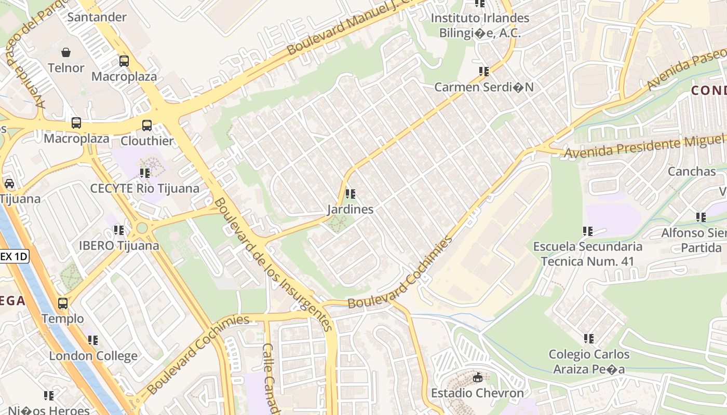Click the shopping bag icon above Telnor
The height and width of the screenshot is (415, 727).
pyautogui.click(x=66, y=52)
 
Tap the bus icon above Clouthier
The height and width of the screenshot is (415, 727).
pyautogui.click(x=147, y=125)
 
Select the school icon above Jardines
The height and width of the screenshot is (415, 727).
pyautogui.click(x=351, y=194)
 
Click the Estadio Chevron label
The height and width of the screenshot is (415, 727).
pyautogui.click(x=477, y=393)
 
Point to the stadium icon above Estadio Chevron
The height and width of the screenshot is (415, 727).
pyautogui.click(x=478, y=378)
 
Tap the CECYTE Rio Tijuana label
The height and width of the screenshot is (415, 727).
pyautogui.click(x=145, y=188)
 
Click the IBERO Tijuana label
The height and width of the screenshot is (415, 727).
pyautogui.click(x=119, y=245)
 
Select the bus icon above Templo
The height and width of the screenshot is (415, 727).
pyautogui.click(x=63, y=303)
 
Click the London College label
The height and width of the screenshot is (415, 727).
pyautogui.click(x=93, y=356)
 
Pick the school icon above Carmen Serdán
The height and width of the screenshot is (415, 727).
pyautogui.click(x=484, y=72)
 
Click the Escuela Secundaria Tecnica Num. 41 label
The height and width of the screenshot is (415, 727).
pyautogui.click(x=587, y=254)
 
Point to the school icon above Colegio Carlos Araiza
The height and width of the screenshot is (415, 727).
pyautogui.click(x=588, y=339)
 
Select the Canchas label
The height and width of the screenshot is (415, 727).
pyautogui.click(x=692, y=171)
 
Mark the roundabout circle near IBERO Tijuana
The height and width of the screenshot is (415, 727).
pyautogui.click(x=142, y=228)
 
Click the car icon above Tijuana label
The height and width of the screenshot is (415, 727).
pyautogui.click(x=9, y=184)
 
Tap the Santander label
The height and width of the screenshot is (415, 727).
pyautogui.click(x=97, y=17)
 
